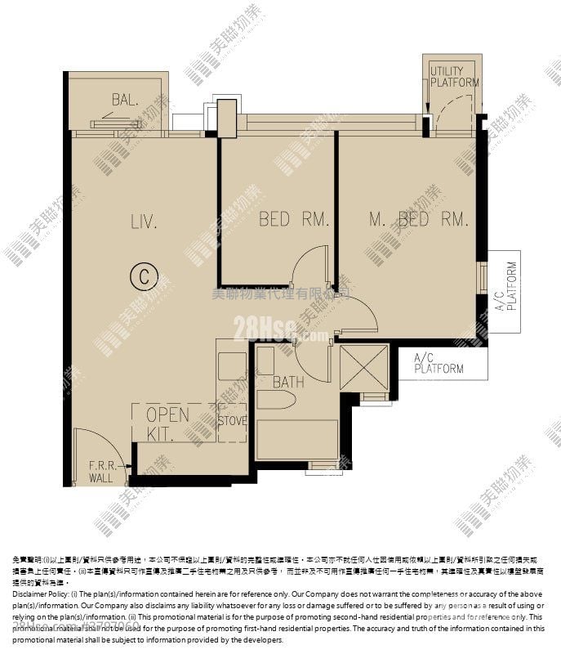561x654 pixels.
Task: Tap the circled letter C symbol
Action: coord(143,277)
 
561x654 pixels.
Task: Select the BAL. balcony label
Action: coord(125,100)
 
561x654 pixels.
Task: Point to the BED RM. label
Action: coord(283,219)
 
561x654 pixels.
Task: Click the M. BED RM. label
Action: coord(418,219)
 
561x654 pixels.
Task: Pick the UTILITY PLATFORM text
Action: coord(454,77)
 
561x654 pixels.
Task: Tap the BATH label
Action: coord(288,381)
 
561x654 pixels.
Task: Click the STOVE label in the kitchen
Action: coord(233,421)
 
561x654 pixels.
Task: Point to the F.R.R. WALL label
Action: coord(101,472)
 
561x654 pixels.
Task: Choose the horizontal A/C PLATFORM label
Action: coord(439,363)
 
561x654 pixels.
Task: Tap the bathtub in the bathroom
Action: coord(297,440)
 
